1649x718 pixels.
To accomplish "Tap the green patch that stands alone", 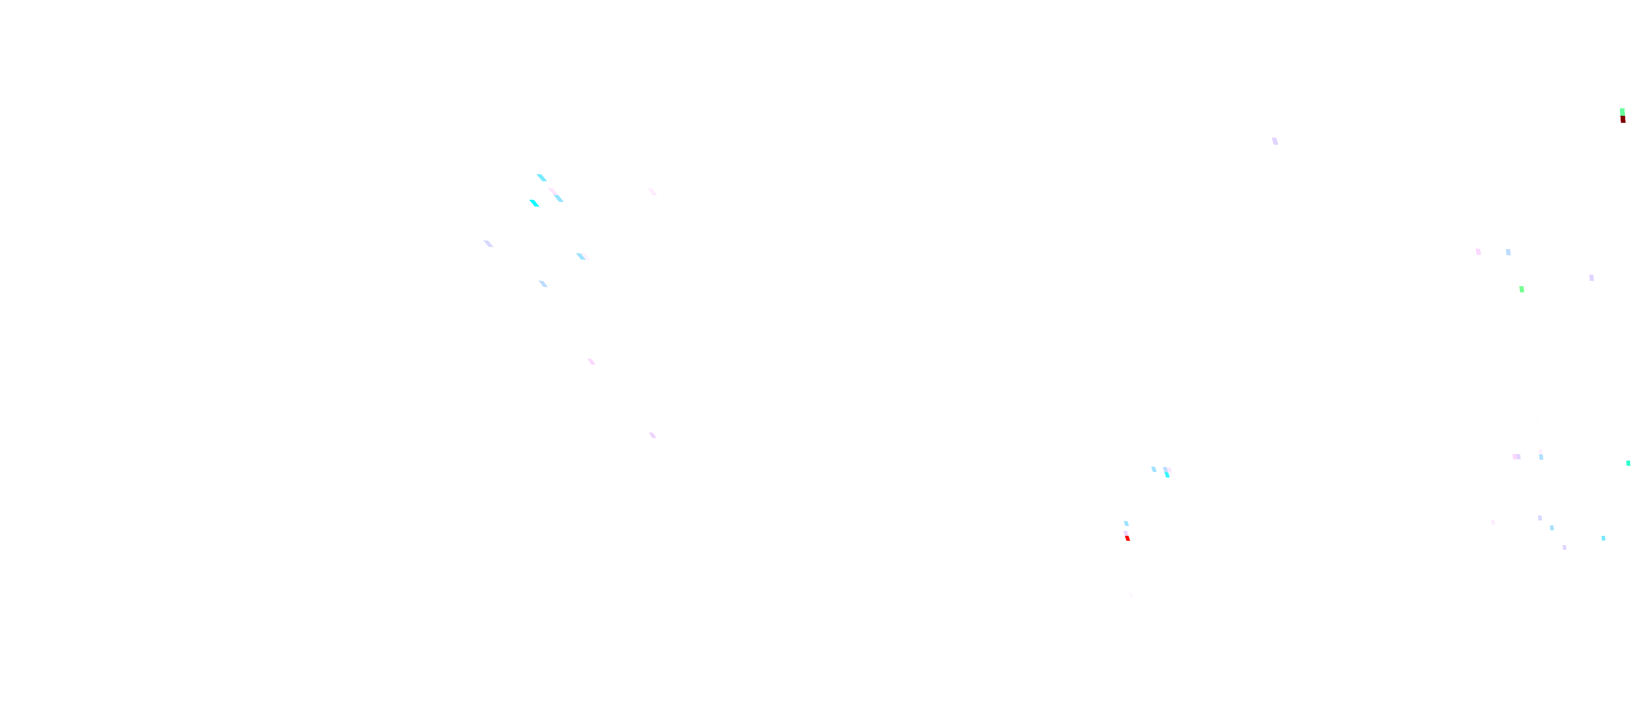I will coord(1521,289).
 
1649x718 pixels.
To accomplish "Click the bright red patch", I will coord(1127,538).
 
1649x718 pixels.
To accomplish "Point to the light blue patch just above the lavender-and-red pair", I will coord(1126,524).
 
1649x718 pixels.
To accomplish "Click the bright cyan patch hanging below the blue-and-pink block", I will coord(1168,475).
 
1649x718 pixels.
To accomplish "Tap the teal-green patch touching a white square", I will coord(1628,463).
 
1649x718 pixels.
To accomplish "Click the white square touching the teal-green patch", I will coord(1625,468).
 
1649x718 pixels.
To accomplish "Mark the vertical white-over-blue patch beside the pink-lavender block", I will coord(1541,454).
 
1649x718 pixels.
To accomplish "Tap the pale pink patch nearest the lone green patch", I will coord(1478,252).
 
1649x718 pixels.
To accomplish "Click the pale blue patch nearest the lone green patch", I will coord(1508,252).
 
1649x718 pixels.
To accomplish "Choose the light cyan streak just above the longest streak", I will coord(542,177).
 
